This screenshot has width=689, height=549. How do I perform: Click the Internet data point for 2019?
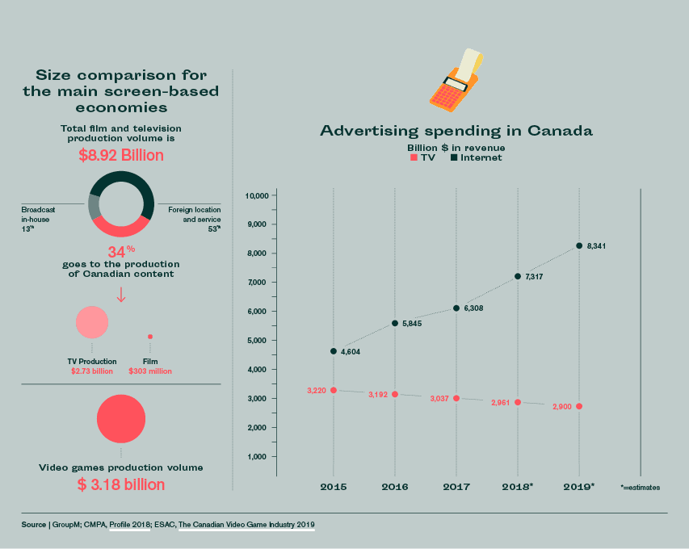579,245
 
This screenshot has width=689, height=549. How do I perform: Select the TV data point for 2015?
334,390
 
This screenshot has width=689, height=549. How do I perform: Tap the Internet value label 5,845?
411,324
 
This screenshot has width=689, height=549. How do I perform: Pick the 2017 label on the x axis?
456,487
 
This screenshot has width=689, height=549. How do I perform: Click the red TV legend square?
414,158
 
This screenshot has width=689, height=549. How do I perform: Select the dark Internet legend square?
454,158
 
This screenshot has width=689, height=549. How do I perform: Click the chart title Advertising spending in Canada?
456,130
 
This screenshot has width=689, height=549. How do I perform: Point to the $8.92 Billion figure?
121,155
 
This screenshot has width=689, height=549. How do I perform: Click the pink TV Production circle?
92,322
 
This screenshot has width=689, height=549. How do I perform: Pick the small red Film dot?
150,337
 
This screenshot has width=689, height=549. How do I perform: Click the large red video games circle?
121,419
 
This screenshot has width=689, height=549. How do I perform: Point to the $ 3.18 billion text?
121,484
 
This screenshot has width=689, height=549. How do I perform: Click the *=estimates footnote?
641,488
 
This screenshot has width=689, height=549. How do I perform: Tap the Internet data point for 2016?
395,323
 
